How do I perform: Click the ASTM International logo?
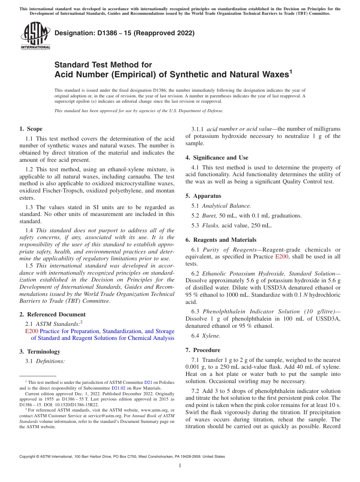35,36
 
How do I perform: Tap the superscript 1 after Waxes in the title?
291,72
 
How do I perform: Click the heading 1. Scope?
31,129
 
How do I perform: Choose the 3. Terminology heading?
40,352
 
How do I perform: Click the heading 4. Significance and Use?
217,158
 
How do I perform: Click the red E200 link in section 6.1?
281,257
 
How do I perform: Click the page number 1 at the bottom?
180,465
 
